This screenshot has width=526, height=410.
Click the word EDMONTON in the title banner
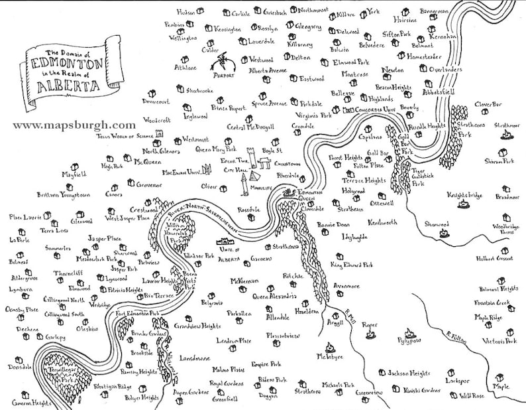point(68,66)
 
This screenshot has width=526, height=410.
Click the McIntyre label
point(330,356)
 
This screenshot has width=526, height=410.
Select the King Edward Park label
point(353,266)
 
